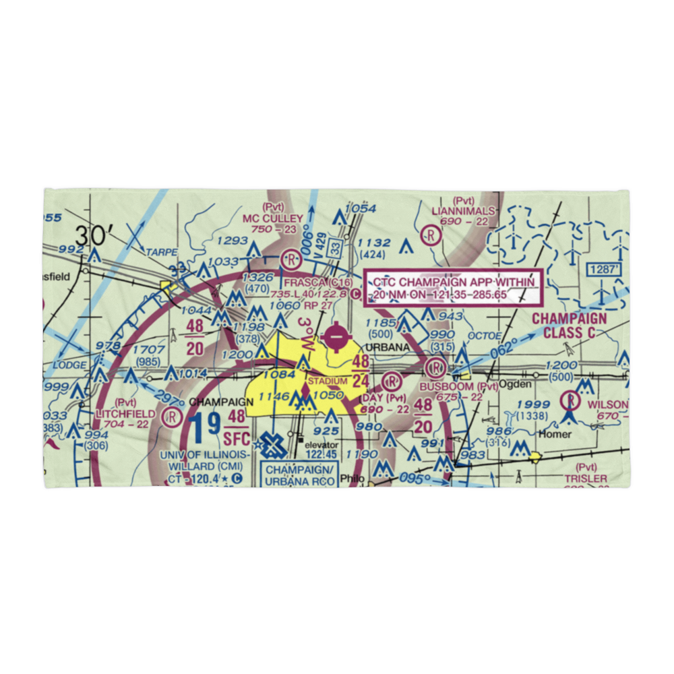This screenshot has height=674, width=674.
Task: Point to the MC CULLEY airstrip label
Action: click(274, 218)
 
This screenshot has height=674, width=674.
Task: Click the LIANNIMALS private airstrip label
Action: click(463, 211)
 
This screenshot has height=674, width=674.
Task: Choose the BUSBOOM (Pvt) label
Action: click(458, 387)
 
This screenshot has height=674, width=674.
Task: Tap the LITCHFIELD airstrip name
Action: click(125, 413)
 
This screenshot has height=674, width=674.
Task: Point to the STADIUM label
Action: click(328, 381)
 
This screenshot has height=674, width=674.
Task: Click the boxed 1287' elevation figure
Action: click(603, 268)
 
